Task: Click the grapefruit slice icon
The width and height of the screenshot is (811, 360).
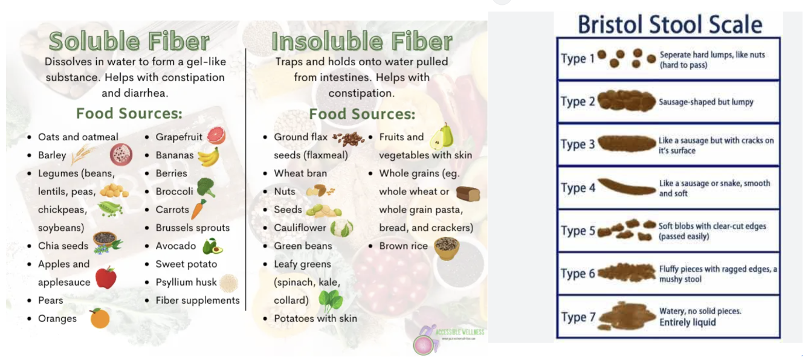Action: coord(216,135)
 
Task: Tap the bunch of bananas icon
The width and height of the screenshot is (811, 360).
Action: coord(208,156)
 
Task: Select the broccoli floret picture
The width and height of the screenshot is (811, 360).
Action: coord(206,188)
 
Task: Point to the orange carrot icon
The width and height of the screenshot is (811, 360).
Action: coord(198,209)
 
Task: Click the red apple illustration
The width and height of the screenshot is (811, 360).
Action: coord(106,278)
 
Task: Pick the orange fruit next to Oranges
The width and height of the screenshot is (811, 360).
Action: coord(100,318)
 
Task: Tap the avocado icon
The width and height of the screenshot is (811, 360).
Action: coord(212,246)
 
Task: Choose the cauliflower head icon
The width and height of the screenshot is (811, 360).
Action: coord(341,228)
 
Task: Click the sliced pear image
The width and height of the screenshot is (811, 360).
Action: coord(441,136)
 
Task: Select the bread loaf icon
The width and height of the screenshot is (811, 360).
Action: coord(468,193)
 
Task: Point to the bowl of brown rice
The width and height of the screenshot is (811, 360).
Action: coord(447,248)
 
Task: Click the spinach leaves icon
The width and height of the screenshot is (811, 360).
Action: coord(330,301)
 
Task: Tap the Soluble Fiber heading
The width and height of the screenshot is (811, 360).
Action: coord(129,41)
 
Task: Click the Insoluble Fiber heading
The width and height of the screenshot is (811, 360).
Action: coord(362,41)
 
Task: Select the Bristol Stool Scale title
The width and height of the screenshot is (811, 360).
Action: coord(670,25)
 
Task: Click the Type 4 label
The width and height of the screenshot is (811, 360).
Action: coord(578,188)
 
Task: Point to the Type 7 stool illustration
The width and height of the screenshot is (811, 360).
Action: coord(627,316)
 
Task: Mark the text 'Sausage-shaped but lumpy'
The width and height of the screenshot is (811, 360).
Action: coord(706,102)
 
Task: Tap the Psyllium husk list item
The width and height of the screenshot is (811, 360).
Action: coord(186,282)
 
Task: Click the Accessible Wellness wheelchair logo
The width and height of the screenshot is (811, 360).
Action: coord(426,339)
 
